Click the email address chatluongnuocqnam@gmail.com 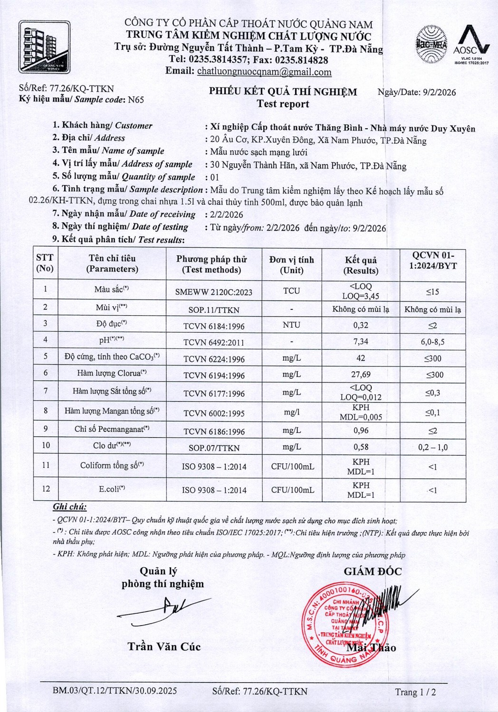click(x=264, y=72)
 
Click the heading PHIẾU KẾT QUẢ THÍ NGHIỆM click(x=283, y=92)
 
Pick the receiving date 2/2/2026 click(x=227, y=215)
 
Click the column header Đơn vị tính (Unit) click(x=291, y=264)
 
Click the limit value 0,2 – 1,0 click(x=432, y=447)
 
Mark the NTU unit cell click(x=291, y=325)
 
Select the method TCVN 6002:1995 click(x=214, y=413)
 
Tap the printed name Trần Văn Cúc click(x=164, y=646)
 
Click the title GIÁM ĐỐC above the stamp click(x=373, y=571)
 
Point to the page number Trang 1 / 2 click(x=415, y=692)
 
